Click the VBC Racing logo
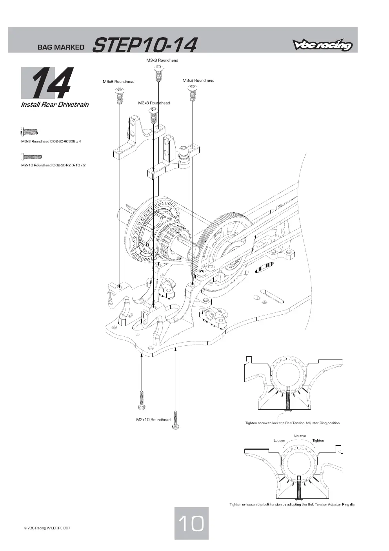tap(322, 45)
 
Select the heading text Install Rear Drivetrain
tap(55, 104)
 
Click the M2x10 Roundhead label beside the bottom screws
tap(153, 420)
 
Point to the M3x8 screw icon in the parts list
tap(29, 131)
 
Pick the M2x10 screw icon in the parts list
tap(31, 157)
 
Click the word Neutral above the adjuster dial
tap(300, 436)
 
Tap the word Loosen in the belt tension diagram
tap(280, 441)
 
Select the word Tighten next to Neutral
tap(318, 441)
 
